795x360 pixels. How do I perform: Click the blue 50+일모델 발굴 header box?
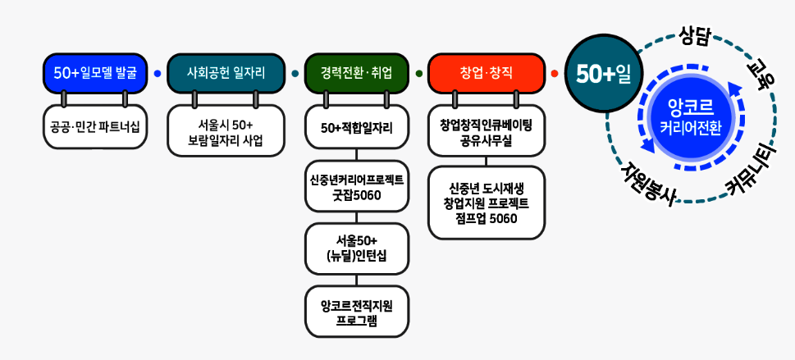96,73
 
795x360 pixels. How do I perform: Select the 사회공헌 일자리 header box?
226,73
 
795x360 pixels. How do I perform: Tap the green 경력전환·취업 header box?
356,73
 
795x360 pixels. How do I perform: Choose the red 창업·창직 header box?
487,73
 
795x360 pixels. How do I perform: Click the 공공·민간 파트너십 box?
96,127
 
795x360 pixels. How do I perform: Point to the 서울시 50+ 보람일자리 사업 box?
226,131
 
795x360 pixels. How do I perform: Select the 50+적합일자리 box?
356,127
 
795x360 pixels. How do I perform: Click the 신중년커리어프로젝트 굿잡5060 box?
356,186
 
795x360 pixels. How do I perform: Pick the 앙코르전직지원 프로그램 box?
356,312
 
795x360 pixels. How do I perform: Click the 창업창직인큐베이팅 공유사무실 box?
487,131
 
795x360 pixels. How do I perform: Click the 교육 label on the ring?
757,73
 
